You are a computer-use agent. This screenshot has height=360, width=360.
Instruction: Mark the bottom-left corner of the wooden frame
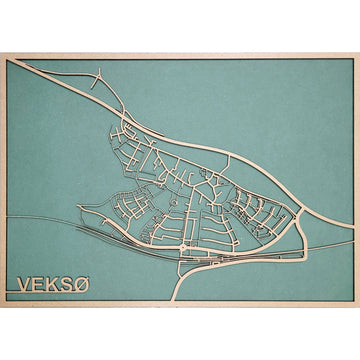pos(3,306)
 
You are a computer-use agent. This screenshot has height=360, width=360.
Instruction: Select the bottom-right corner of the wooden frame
pos(357,306)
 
